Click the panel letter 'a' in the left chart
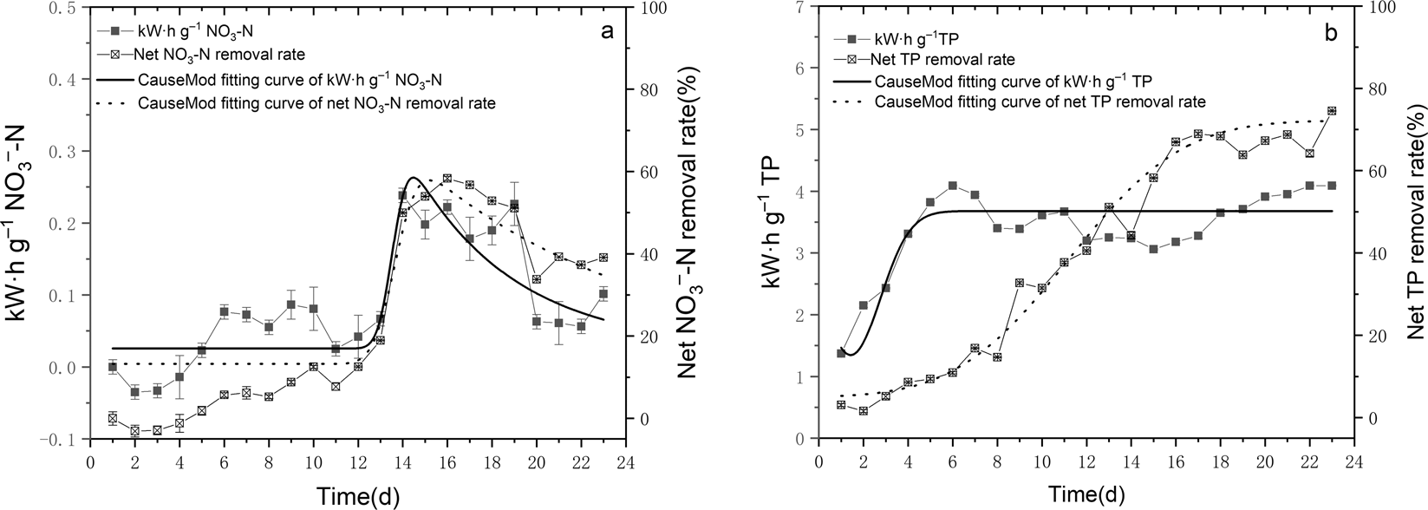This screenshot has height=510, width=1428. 607,32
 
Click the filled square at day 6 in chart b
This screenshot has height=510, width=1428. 952,185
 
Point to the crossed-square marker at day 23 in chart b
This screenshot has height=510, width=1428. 1332,111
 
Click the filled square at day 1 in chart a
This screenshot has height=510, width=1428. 112,367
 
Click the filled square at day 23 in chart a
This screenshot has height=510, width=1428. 603,294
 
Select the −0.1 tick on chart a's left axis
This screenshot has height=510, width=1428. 61,440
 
